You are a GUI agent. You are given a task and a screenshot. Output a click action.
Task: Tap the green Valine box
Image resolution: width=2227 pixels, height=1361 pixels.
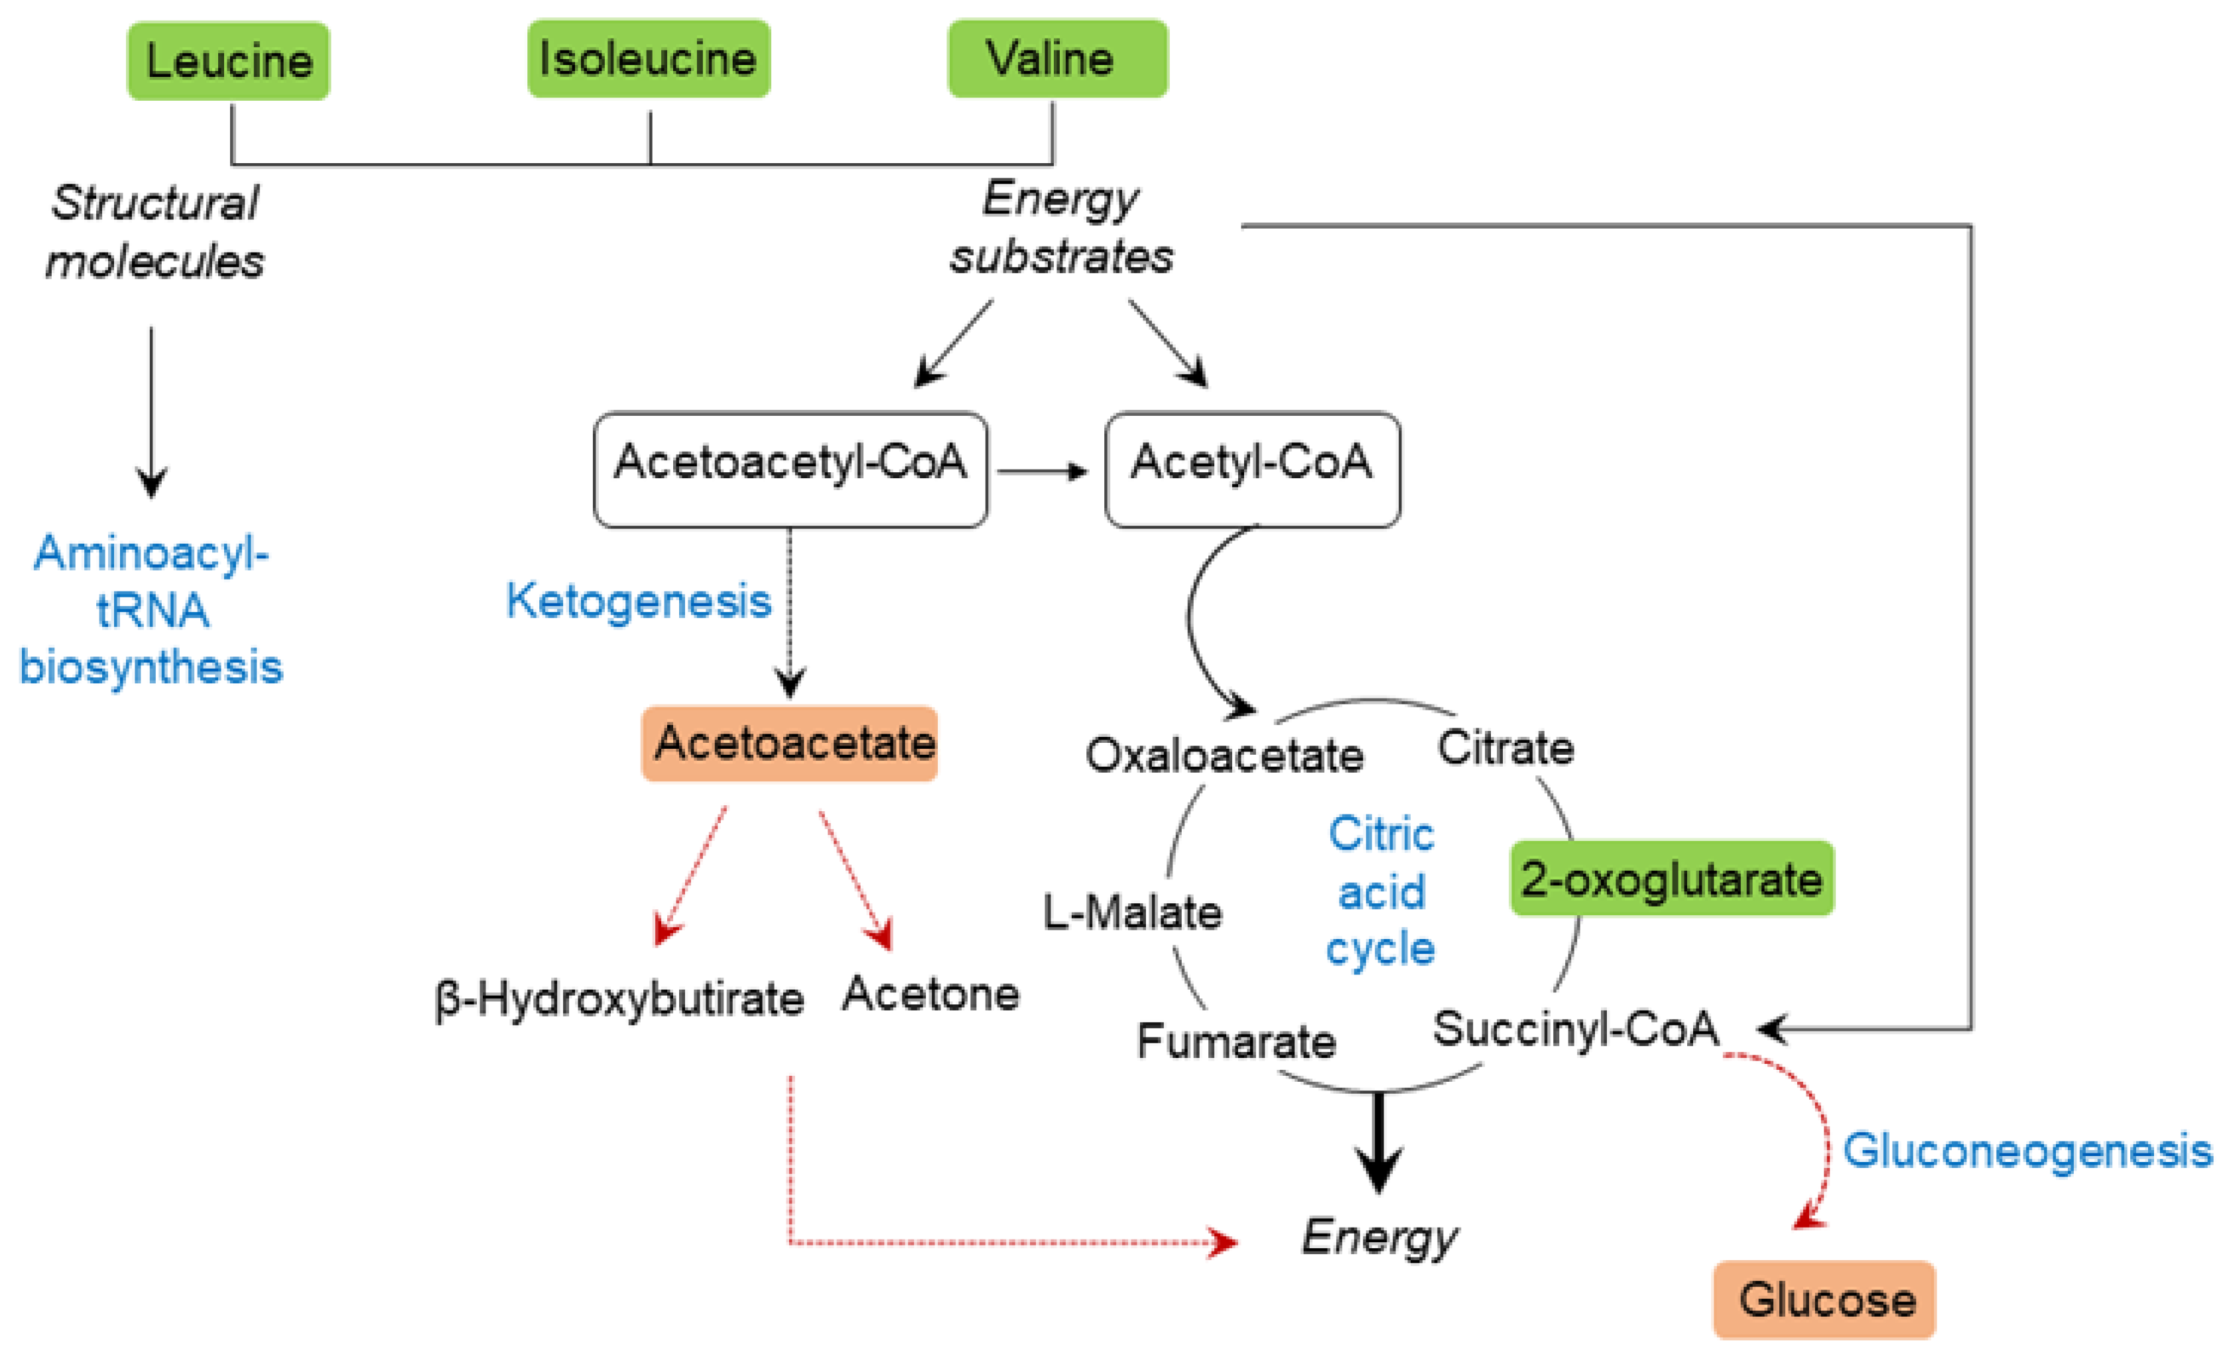coord(1056,59)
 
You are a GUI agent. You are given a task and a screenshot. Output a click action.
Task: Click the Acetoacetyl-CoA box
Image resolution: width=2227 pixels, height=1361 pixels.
coord(790,469)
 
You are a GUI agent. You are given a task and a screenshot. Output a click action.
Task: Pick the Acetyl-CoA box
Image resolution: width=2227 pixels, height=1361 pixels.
coord(1252,469)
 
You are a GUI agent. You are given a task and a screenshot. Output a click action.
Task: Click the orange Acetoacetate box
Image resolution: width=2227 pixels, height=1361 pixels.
coord(789,743)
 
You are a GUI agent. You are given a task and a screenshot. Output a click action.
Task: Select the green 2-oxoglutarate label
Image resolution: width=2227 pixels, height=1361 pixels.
coord(1671,878)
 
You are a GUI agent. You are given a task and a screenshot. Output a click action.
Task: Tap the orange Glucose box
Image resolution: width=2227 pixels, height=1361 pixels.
coord(1824,1299)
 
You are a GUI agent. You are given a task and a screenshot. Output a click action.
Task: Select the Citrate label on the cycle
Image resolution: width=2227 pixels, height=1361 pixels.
coord(1505,747)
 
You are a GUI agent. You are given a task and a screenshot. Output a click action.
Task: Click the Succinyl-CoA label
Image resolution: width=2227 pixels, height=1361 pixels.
coord(1575,1029)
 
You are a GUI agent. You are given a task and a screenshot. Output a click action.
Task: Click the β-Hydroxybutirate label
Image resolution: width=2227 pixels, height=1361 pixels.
coord(619,999)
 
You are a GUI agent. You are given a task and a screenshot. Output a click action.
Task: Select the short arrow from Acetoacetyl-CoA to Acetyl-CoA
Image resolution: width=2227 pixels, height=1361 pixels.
coord(1042,471)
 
